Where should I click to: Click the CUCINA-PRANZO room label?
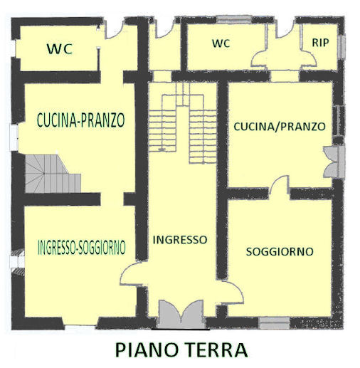pyautogui.click(x=81, y=120)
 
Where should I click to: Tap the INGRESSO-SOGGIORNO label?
pyautogui.click(x=82, y=247)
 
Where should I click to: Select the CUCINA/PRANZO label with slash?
pyautogui.click(x=280, y=127)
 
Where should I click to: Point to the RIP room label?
pyautogui.click(x=320, y=43)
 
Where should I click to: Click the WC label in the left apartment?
pyautogui.click(x=60, y=49)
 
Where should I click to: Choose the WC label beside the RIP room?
pyautogui.click(x=221, y=43)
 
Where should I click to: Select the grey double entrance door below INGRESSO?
pyautogui.click(x=181, y=314)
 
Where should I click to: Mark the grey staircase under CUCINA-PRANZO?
pyautogui.click(x=53, y=174)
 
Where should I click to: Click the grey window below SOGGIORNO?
pyautogui.click(x=274, y=323)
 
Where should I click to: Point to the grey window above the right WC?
pyautogui.click(x=234, y=19)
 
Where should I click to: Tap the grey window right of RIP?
pyautogui.click(x=342, y=46)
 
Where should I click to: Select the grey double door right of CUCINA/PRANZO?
pyautogui.click(x=334, y=162)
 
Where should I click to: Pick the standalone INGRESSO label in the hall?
pyautogui.click(x=180, y=240)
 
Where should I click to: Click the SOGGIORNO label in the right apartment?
pyautogui.click(x=280, y=252)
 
